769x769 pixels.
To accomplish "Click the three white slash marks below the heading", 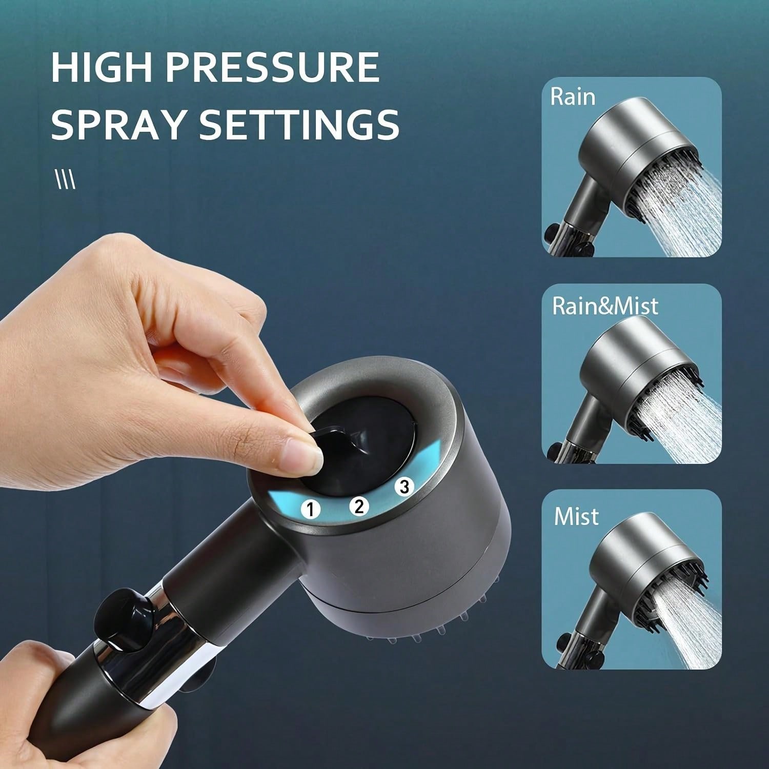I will click(x=65, y=180).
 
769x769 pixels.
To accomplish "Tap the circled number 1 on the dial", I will click(x=310, y=509).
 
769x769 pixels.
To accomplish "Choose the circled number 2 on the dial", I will click(x=359, y=506).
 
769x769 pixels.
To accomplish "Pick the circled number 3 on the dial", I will click(x=404, y=487).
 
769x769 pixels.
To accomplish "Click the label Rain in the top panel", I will click(x=573, y=97).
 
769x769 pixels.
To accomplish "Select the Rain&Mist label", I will click(x=605, y=306).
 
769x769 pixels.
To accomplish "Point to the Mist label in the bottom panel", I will click(x=576, y=516).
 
